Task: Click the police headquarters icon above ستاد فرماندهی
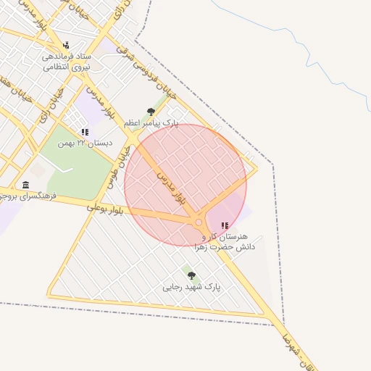coord(67,44)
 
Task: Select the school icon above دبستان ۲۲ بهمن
coord(85,133)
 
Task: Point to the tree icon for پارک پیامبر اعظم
coord(151,112)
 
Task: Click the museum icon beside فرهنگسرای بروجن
coord(27,185)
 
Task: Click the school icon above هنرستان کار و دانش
coord(224,225)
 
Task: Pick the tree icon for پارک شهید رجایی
coord(191,275)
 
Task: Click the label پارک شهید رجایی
coord(191,287)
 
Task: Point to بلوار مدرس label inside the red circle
coord(171,186)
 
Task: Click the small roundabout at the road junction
coord(199,222)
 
